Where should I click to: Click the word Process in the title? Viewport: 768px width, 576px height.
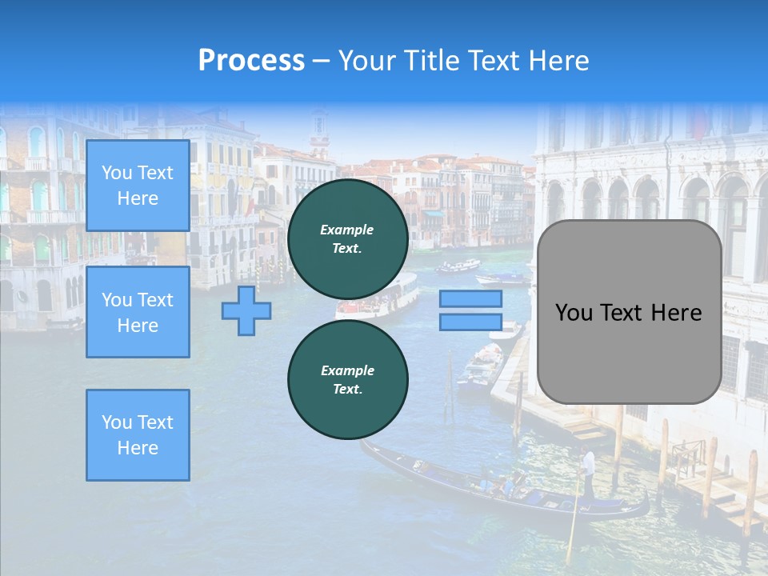click(251, 61)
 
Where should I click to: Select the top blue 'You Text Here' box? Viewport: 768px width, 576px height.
click(138, 186)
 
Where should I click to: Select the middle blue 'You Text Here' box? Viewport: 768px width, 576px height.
click(138, 312)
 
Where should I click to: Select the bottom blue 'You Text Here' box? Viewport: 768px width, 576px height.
click(138, 434)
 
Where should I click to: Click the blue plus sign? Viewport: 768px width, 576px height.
click(246, 311)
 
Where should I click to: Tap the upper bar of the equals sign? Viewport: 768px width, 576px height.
click(470, 299)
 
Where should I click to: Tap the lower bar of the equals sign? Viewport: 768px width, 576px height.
click(470, 322)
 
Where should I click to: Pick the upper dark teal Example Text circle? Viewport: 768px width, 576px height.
click(347, 239)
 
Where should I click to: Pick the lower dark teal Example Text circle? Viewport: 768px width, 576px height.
click(347, 380)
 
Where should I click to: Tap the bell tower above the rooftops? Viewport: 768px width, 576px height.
click(319, 132)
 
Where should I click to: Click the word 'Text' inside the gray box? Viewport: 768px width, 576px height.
click(628, 313)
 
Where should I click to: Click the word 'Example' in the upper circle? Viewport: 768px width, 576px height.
click(347, 230)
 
